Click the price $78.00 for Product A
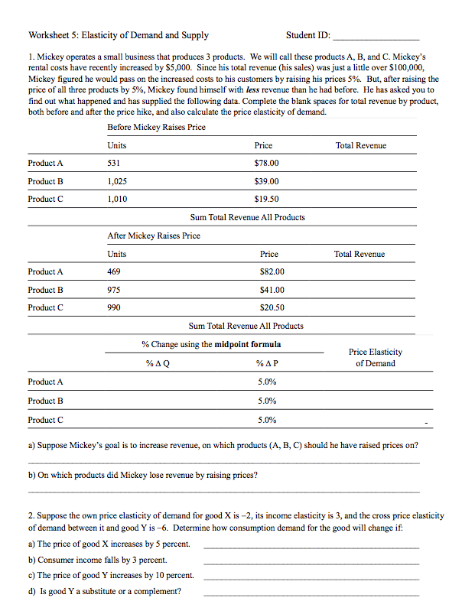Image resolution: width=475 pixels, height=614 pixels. (266, 163)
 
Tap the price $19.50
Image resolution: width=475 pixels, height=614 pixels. (266, 199)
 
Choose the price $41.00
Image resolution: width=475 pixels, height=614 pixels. (272, 290)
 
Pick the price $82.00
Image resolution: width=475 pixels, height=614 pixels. (272, 271)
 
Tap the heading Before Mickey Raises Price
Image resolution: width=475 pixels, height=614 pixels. (156, 127)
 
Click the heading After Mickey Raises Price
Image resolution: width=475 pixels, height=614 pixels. (154, 236)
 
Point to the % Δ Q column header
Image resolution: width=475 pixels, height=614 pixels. (158, 363)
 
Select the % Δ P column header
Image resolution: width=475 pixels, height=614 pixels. (267, 363)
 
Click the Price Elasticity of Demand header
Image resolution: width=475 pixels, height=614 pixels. (375, 358)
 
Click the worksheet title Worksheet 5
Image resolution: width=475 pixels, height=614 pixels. (118, 35)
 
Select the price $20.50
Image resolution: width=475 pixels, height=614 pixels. (272, 307)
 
